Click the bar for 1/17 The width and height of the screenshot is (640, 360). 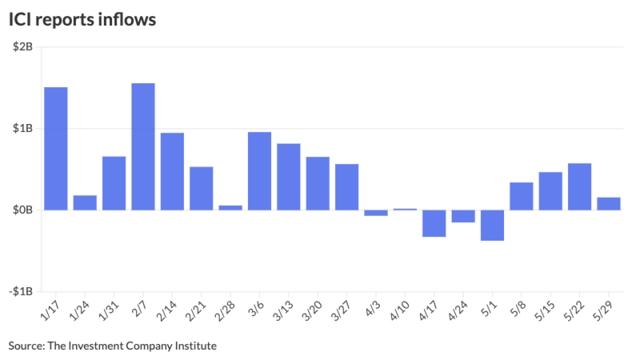click(55, 148)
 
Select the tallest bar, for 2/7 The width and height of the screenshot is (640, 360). click(143, 146)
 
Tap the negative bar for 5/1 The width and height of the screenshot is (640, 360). click(492, 225)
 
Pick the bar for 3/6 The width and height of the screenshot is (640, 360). click(259, 171)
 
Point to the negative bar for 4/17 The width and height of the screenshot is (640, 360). click(434, 223)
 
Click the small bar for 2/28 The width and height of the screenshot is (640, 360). click(230, 207)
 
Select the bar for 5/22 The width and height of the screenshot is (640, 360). click(579, 186)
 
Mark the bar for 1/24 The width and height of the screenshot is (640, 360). click(85, 202)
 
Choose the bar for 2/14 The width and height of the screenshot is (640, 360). click(172, 171)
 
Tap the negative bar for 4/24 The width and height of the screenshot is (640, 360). click(463, 216)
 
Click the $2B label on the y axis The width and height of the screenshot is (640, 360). click(22, 47)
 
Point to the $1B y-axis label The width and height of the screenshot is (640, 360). click(22, 128)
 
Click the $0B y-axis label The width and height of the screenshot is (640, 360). click(22, 210)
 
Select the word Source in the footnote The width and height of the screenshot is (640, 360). click(25, 345)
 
